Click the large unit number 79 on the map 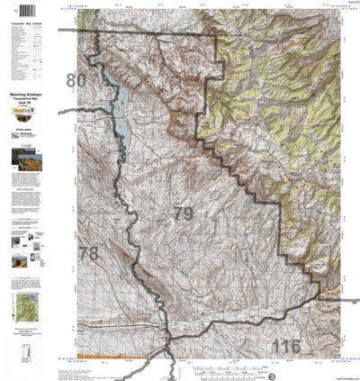coord(183,214)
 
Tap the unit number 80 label coord(76,82)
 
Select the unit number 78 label coord(86,253)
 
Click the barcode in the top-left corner coord(17,13)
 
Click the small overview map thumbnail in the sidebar coord(27,305)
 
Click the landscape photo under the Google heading coord(30,163)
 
